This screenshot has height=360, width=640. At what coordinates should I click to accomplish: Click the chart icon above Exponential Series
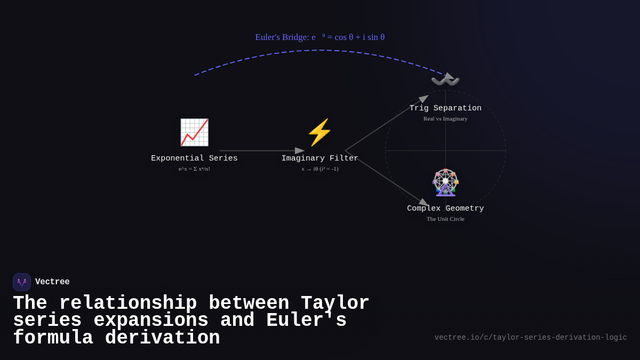click(x=194, y=132)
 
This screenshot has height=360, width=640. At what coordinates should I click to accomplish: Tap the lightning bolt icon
click(x=319, y=132)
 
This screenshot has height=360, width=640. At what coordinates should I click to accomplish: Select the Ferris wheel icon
click(x=445, y=182)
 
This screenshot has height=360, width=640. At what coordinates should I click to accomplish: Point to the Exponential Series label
click(x=194, y=158)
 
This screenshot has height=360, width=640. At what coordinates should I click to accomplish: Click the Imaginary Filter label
click(x=319, y=158)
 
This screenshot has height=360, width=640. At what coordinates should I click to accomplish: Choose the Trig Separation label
click(x=445, y=108)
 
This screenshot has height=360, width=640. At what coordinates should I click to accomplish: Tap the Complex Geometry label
click(x=445, y=209)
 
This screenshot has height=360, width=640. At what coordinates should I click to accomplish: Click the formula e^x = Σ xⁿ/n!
click(x=194, y=169)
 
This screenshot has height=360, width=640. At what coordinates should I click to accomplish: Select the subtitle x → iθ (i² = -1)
click(x=319, y=169)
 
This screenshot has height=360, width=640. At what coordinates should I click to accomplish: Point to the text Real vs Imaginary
click(x=445, y=118)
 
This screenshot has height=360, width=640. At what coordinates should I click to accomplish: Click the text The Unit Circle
click(x=445, y=219)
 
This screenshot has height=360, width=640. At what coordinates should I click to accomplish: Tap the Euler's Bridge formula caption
click(x=319, y=37)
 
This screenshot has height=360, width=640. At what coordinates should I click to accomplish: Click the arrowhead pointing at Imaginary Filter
click(x=300, y=150)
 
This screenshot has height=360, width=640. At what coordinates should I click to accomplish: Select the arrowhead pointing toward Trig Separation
click(x=423, y=99)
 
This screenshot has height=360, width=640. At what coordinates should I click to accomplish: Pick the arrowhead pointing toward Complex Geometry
click(x=423, y=202)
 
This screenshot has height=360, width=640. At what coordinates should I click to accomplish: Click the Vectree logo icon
click(x=22, y=282)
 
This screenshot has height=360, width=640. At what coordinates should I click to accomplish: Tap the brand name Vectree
click(x=52, y=282)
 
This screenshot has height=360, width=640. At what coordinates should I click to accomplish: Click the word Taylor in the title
click(x=335, y=303)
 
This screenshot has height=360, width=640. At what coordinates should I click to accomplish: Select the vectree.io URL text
click(x=530, y=338)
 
